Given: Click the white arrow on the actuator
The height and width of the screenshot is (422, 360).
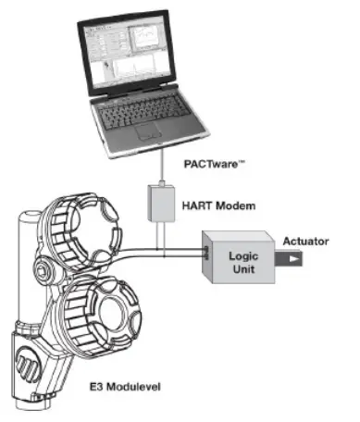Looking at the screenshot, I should coord(292,261).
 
